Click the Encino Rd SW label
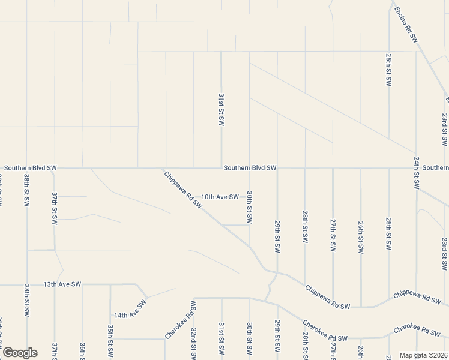(406, 24)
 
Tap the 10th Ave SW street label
(220, 197)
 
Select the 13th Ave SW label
(62, 284)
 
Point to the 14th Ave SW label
(130, 310)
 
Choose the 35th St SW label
(110, 339)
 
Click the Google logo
(20, 353)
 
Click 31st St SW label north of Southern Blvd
(221, 109)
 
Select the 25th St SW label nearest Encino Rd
(388, 69)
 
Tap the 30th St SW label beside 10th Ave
(249, 208)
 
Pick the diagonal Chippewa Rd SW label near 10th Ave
(184, 190)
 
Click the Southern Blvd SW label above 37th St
(30, 168)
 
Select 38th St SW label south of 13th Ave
(26, 300)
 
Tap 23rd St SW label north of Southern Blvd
(444, 129)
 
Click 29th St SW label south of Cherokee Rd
(277, 337)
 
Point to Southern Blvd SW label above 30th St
(250, 168)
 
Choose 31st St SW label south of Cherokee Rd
(221, 337)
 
